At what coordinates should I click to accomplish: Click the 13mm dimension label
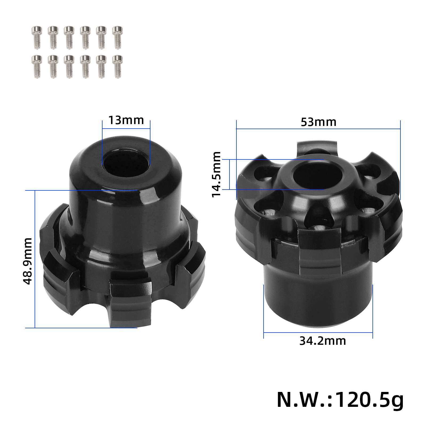point(126,120)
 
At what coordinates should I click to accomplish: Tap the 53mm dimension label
point(318,122)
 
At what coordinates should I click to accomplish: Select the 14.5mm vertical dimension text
point(216,174)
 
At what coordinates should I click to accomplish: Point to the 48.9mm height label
point(28,261)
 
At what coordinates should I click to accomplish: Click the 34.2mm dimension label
point(322,341)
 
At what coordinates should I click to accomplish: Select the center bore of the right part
point(318,176)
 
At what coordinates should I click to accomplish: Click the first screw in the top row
point(37,37)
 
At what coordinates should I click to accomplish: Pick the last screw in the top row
point(117,37)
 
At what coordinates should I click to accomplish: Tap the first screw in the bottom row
point(37,67)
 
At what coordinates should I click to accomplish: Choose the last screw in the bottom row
point(117,67)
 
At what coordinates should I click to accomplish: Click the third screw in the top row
point(69,37)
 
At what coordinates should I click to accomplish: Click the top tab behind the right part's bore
point(317,148)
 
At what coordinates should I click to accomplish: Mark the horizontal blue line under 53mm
point(318,129)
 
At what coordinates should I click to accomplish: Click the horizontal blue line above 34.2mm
point(318,332)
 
